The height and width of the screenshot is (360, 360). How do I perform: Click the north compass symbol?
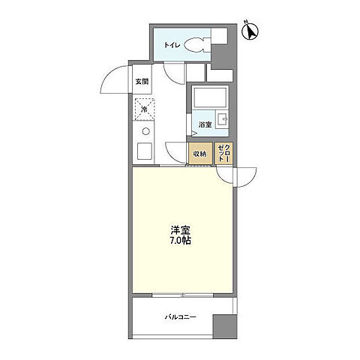click(251, 31)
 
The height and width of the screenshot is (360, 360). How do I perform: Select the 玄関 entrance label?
click(142, 81)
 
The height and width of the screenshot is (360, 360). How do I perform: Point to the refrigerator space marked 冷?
click(145, 109)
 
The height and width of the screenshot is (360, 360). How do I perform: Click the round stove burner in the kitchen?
click(145, 132)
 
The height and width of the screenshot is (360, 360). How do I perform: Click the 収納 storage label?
click(199, 154)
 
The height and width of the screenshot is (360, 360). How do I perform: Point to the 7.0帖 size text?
click(178, 243)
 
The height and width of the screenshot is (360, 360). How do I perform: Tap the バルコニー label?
click(181, 316)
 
